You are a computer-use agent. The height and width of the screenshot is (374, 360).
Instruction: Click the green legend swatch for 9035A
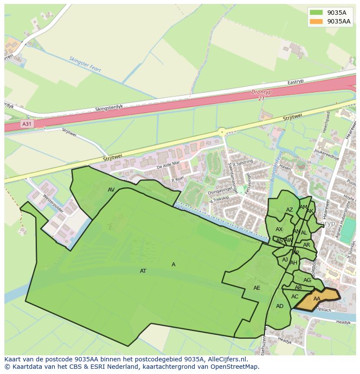[316, 13]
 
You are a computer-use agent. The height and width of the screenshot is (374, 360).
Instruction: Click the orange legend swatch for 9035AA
[316, 21]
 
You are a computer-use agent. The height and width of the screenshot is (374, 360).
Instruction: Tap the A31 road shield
[27, 124]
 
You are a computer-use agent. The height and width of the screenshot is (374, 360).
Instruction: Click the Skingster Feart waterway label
[85, 64]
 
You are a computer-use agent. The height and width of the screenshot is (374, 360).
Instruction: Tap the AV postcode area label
[111, 190]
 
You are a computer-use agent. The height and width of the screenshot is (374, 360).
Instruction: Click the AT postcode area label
[143, 271]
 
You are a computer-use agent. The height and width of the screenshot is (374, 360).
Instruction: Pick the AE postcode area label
[257, 288]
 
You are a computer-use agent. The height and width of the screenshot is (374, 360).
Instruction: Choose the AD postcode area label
[280, 306]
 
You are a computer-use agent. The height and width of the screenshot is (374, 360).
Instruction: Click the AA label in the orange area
[317, 299]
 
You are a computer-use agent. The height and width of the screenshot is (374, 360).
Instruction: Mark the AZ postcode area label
[290, 210]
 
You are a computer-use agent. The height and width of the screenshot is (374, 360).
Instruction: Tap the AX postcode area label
[279, 229]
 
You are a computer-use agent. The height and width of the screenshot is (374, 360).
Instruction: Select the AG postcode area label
[307, 280]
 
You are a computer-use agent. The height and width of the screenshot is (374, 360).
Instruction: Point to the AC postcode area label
[295, 297]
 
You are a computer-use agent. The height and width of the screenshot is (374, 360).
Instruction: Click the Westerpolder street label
[53, 203]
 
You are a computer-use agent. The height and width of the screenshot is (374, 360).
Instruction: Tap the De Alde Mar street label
[168, 165]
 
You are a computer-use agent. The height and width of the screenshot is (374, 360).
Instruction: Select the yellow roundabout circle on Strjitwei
[222, 132]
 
